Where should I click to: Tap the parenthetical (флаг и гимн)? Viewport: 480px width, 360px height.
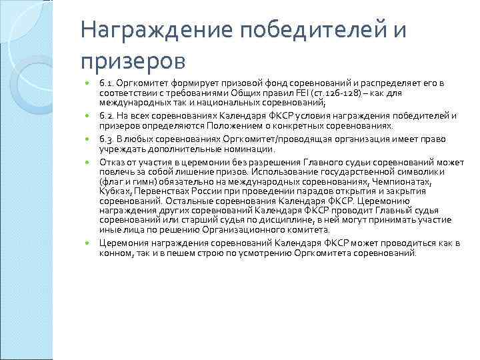tap(127, 181)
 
